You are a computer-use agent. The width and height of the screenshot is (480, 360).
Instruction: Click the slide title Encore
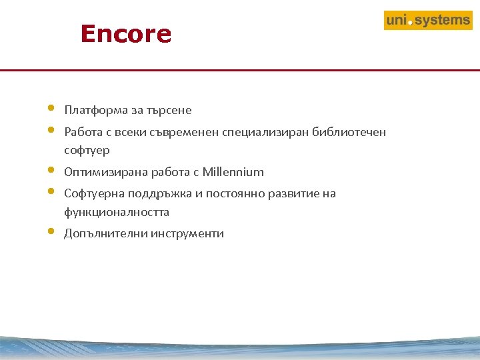125,34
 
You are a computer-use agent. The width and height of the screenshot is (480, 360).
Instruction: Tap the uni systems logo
428,21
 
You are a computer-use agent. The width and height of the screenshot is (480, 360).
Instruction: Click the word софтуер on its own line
87,151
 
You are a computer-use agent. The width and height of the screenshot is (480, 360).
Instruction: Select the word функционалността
117,213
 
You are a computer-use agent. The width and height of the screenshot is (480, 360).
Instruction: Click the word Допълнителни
105,234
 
